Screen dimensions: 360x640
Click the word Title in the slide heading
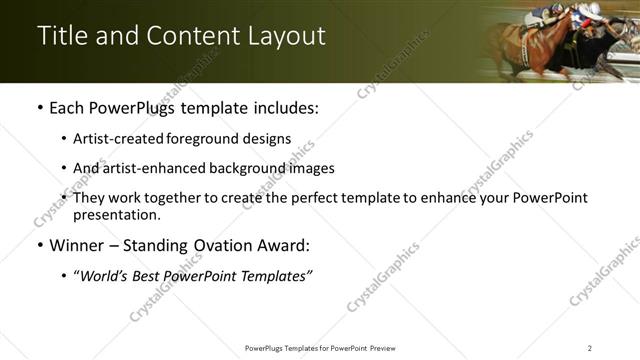click(63, 36)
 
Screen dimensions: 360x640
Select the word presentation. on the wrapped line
click(116, 214)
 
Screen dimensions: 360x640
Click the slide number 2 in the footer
click(589, 347)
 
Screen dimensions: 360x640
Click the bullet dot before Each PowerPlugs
click(39, 108)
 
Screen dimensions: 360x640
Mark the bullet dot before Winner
click(39, 244)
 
